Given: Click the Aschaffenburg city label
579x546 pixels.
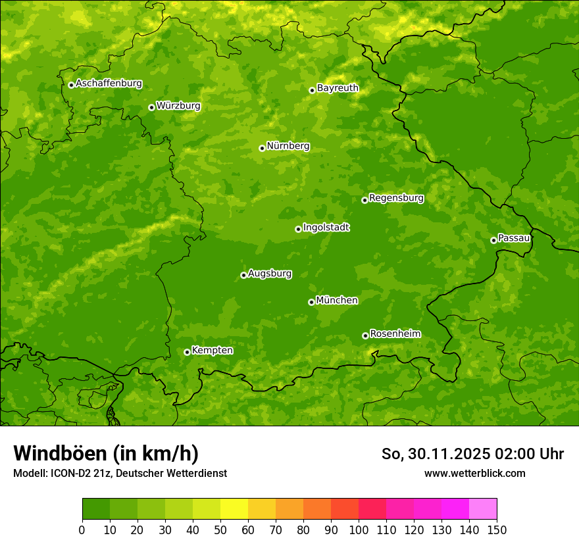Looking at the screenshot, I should (109, 84).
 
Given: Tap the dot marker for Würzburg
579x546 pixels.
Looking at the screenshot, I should (151, 107).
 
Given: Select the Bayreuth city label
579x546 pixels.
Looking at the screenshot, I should (338, 87).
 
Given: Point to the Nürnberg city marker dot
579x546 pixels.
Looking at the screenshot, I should (262, 148).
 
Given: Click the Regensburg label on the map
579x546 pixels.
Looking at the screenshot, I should (396, 197).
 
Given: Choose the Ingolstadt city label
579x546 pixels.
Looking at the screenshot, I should (326, 227).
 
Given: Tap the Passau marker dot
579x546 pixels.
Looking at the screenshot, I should (493, 240).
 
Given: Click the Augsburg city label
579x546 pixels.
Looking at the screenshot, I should (270, 273).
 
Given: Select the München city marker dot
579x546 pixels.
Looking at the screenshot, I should (311, 302).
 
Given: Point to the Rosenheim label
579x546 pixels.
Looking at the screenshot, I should (395, 334).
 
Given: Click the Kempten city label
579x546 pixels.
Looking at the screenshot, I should (212, 350).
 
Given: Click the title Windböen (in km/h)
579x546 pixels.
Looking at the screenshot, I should (106, 453).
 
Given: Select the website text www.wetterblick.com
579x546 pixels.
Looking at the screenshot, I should (474, 473).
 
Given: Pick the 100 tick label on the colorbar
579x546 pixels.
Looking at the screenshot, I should (359, 530).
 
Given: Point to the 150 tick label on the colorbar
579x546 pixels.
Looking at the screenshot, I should (497, 530).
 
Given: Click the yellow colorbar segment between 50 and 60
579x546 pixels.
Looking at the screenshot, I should (234, 509).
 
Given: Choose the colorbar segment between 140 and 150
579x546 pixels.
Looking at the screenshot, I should (483, 509).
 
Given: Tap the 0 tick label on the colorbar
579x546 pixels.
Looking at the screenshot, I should (82, 530).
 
